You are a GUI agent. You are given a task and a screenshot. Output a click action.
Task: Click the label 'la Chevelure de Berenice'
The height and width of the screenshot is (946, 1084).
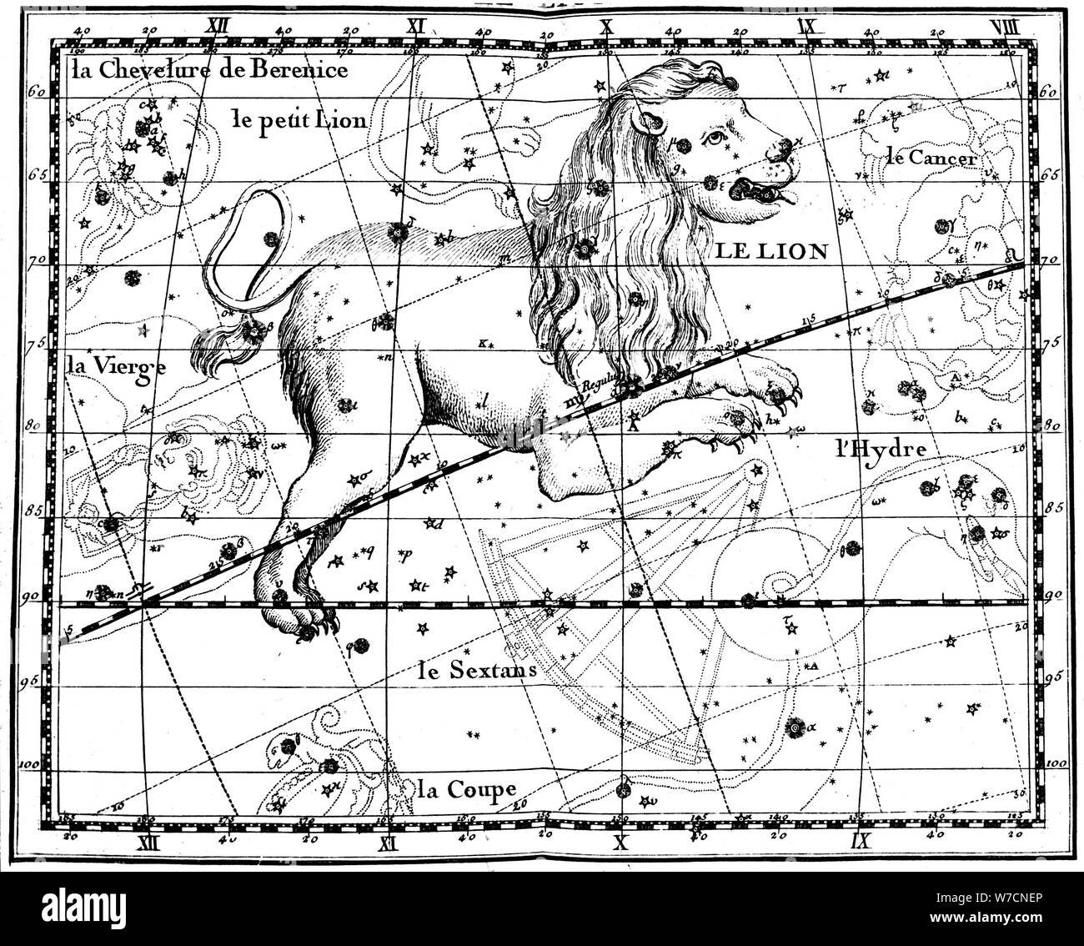[209, 70]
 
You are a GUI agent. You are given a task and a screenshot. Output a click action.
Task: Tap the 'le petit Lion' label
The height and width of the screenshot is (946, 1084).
[298, 119]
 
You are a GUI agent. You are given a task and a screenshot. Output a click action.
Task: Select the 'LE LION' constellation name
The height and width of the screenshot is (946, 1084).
[769, 250]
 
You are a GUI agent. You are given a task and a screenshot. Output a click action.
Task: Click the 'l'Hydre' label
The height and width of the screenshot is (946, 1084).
[881, 448]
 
